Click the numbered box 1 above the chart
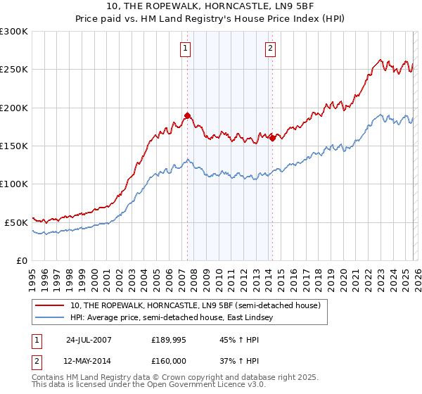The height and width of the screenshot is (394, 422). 186,49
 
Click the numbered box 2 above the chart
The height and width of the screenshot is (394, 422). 270,49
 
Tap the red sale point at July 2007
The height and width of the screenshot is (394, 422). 187,115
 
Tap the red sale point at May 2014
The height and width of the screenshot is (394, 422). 272,138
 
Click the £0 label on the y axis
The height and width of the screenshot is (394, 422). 21,260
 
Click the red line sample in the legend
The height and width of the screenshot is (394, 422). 51,305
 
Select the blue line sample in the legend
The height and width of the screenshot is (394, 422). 51,318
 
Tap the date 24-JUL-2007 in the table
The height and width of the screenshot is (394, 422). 89,339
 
